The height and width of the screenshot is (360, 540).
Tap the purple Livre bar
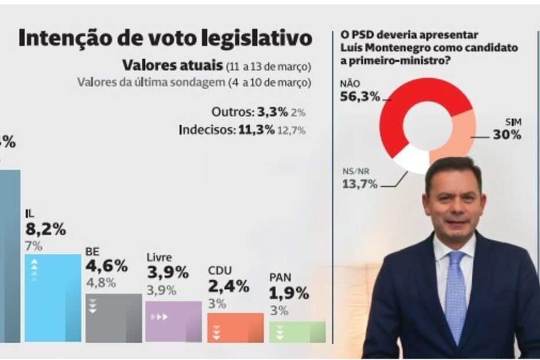click(173, 321)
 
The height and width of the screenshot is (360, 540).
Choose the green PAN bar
click(297, 332)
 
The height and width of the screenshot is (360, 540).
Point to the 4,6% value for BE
click(107, 267)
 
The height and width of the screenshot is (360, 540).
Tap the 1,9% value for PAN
click(290, 293)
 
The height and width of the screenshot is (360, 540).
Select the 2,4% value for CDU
click(228, 286)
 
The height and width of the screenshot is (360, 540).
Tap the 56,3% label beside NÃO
click(360, 97)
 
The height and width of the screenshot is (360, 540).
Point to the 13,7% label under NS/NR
click(357, 184)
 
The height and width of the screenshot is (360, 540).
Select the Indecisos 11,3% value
click(257, 130)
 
